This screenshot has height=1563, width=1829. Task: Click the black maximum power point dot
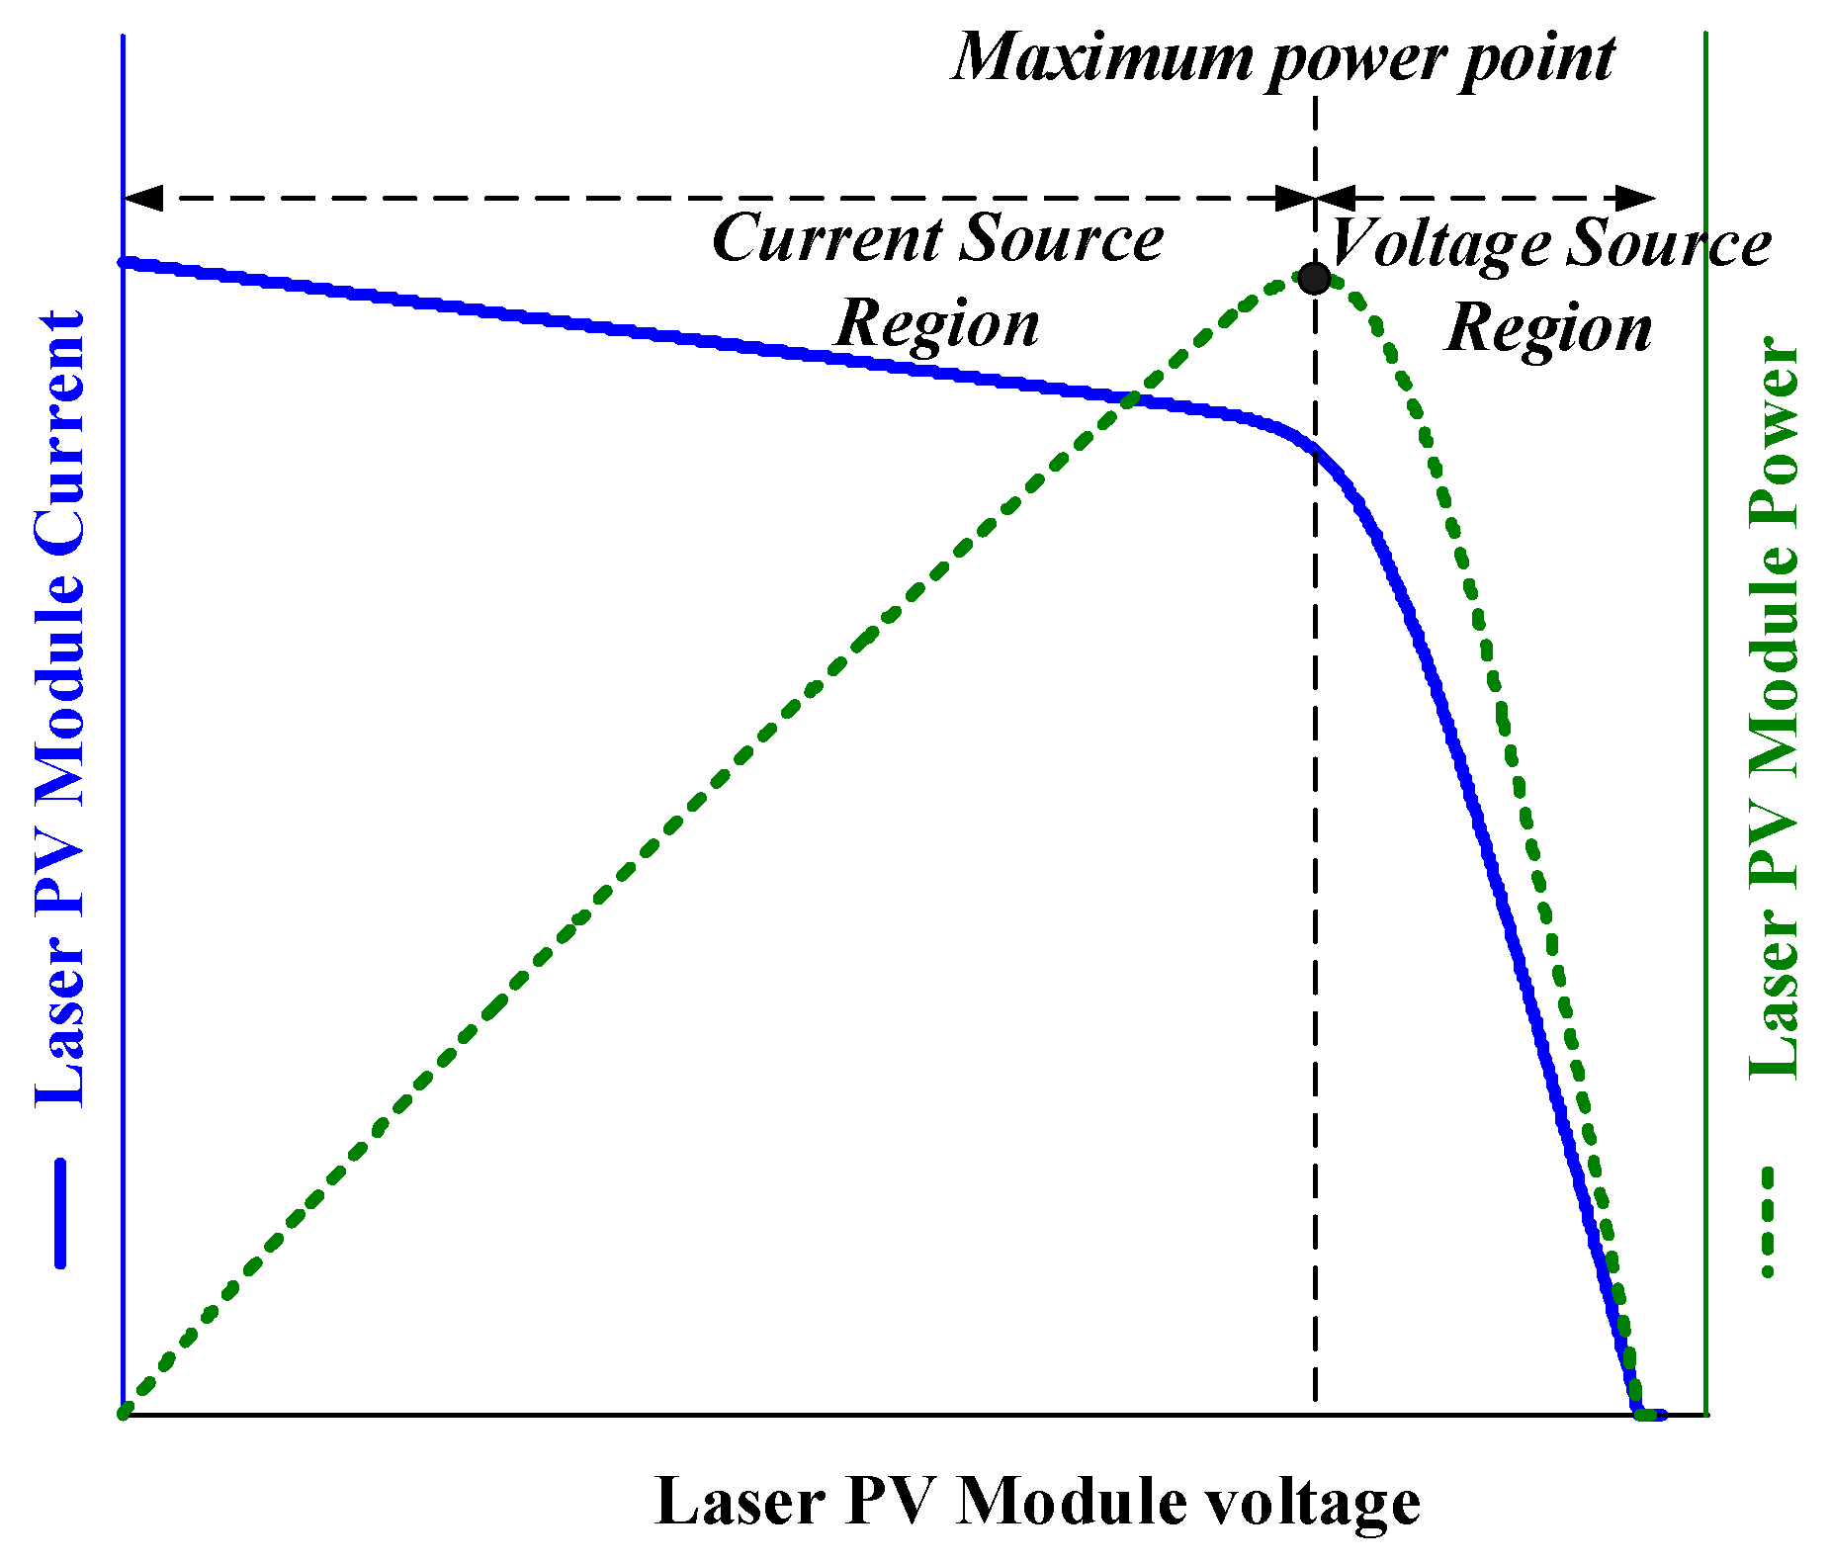click(1314, 279)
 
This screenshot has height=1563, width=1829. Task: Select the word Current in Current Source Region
click(827, 239)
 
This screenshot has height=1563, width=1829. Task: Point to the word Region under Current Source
click(937, 323)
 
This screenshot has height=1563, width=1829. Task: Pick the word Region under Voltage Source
click(1549, 328)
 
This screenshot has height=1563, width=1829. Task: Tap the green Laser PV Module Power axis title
click(1775, 708)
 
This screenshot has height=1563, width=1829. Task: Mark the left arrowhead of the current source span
click(141, 198)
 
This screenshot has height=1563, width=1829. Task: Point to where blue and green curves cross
click(1130, 399)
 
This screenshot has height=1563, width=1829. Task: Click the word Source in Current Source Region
click(1063, 239)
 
